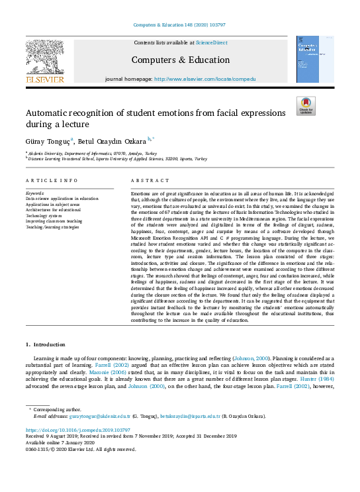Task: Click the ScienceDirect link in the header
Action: [x=211, y=42]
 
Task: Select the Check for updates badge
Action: [x=306, y=106]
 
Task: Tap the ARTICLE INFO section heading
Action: [x=52, y=181]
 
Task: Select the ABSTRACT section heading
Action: [x=146, y=181]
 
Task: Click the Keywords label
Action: [x=35, y=193]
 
